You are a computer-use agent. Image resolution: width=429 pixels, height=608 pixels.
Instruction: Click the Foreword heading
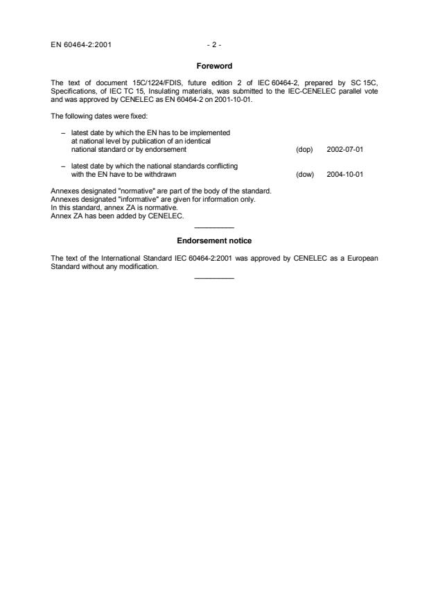coord(214,67)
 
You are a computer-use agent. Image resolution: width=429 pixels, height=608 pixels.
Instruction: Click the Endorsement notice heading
coord(214,241)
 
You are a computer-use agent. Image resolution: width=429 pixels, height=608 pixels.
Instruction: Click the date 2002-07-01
coord(345,149)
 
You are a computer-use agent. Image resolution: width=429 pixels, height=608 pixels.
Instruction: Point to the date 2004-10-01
coord(345,175)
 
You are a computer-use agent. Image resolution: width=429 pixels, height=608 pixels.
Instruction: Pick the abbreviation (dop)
coord(304,149)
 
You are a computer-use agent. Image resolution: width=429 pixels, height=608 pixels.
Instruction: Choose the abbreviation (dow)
coord(304,175)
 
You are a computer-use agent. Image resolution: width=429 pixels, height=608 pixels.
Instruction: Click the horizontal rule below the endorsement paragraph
coord(215,278)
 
